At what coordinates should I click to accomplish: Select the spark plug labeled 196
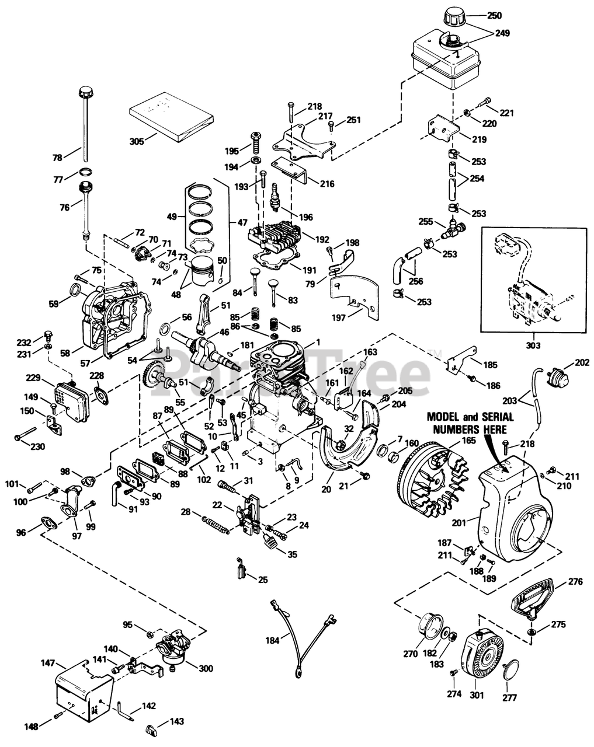coord(276,197)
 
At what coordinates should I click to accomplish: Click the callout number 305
coord(137,141)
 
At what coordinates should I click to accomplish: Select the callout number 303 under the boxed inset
coord(533,345)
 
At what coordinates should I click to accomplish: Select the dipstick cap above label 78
coord(85,93)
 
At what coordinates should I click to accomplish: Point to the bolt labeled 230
coord(25,434)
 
